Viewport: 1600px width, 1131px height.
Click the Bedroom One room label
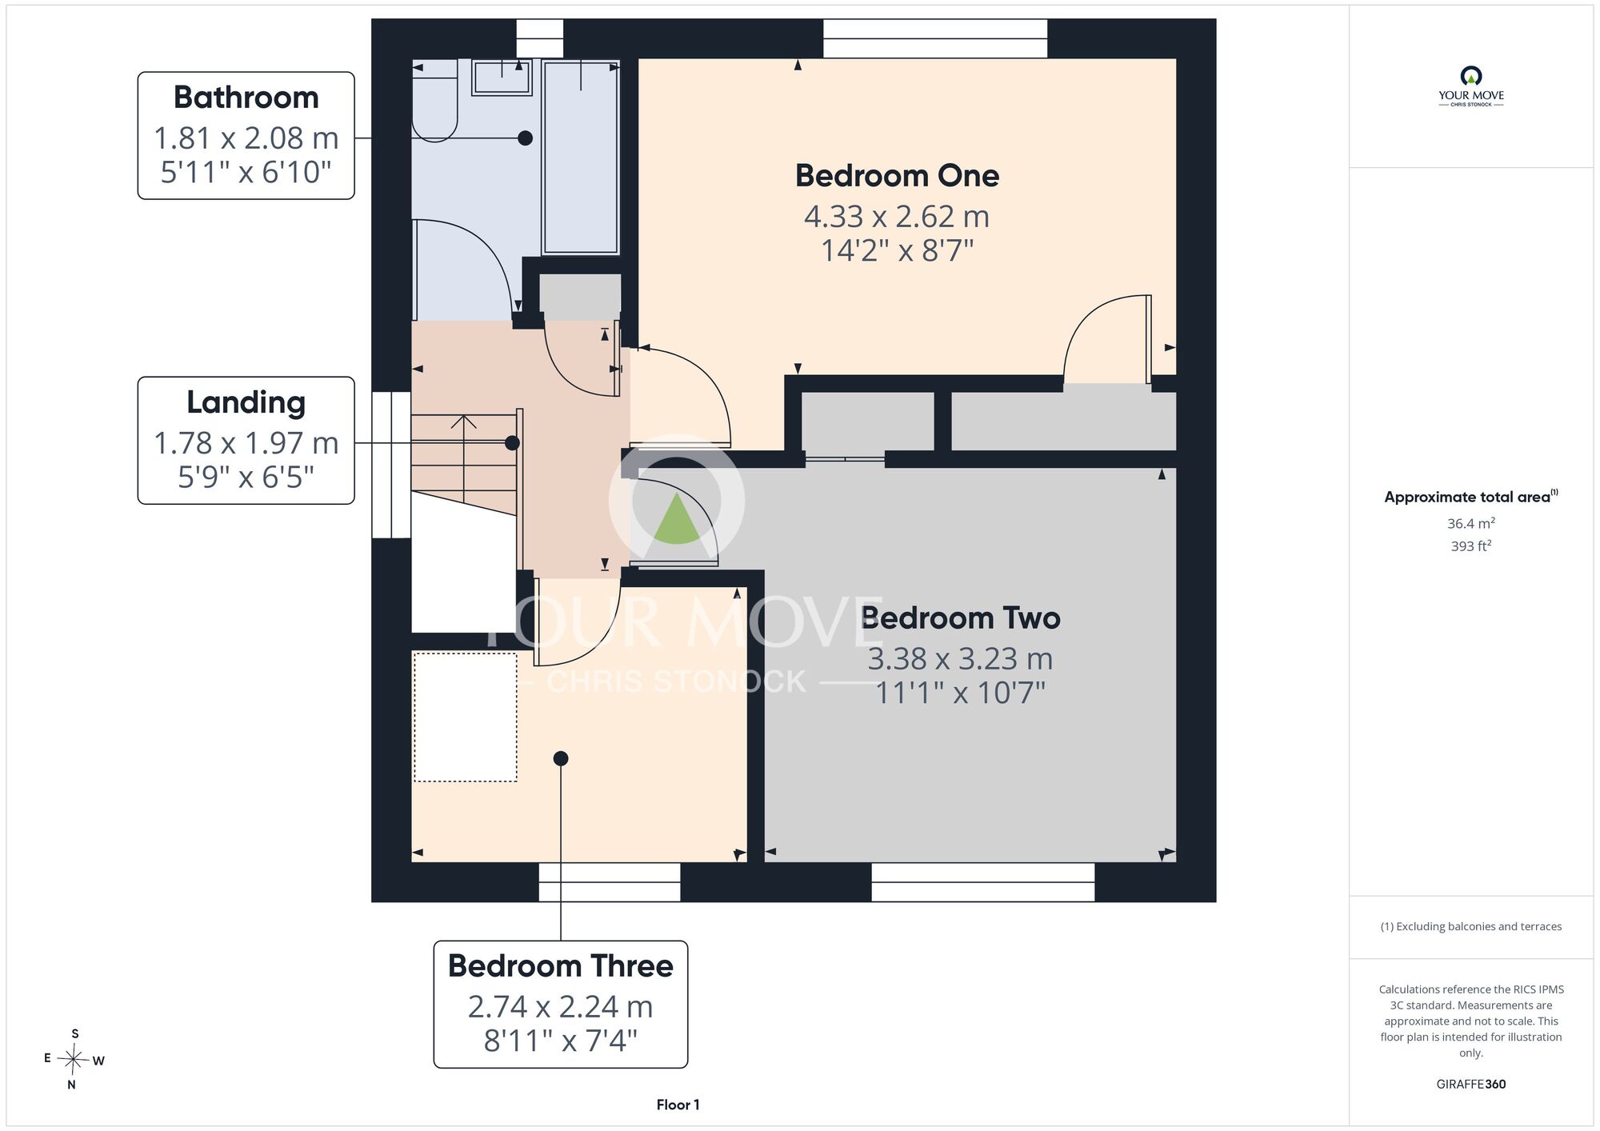point(897,176)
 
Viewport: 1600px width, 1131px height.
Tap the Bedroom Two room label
point(961,618)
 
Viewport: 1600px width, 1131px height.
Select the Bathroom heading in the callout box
point(246,98)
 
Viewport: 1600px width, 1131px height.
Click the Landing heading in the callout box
point(246,402)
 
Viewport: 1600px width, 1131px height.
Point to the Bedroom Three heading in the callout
point(561,966)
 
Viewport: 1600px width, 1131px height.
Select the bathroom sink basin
point(502,78)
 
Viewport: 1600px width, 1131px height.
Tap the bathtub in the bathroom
point(581,157)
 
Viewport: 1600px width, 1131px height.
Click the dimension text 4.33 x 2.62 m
point(897,217)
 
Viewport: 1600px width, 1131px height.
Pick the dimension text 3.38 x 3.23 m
point(961,659)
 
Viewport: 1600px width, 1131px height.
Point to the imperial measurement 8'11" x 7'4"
point(561,1041)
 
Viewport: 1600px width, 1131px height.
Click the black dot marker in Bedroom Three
point(561,758)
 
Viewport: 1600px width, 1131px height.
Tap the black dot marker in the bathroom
point(525,138)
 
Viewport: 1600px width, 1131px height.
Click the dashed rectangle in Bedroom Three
point(466,717)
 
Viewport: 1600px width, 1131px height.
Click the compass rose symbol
point(74,1060)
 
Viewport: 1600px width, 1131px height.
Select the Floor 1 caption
point(678,1105)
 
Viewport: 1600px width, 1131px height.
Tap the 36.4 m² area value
point(1471,523)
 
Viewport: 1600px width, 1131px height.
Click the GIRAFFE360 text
point(1471,1085)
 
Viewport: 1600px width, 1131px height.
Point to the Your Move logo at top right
point(1471,86)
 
